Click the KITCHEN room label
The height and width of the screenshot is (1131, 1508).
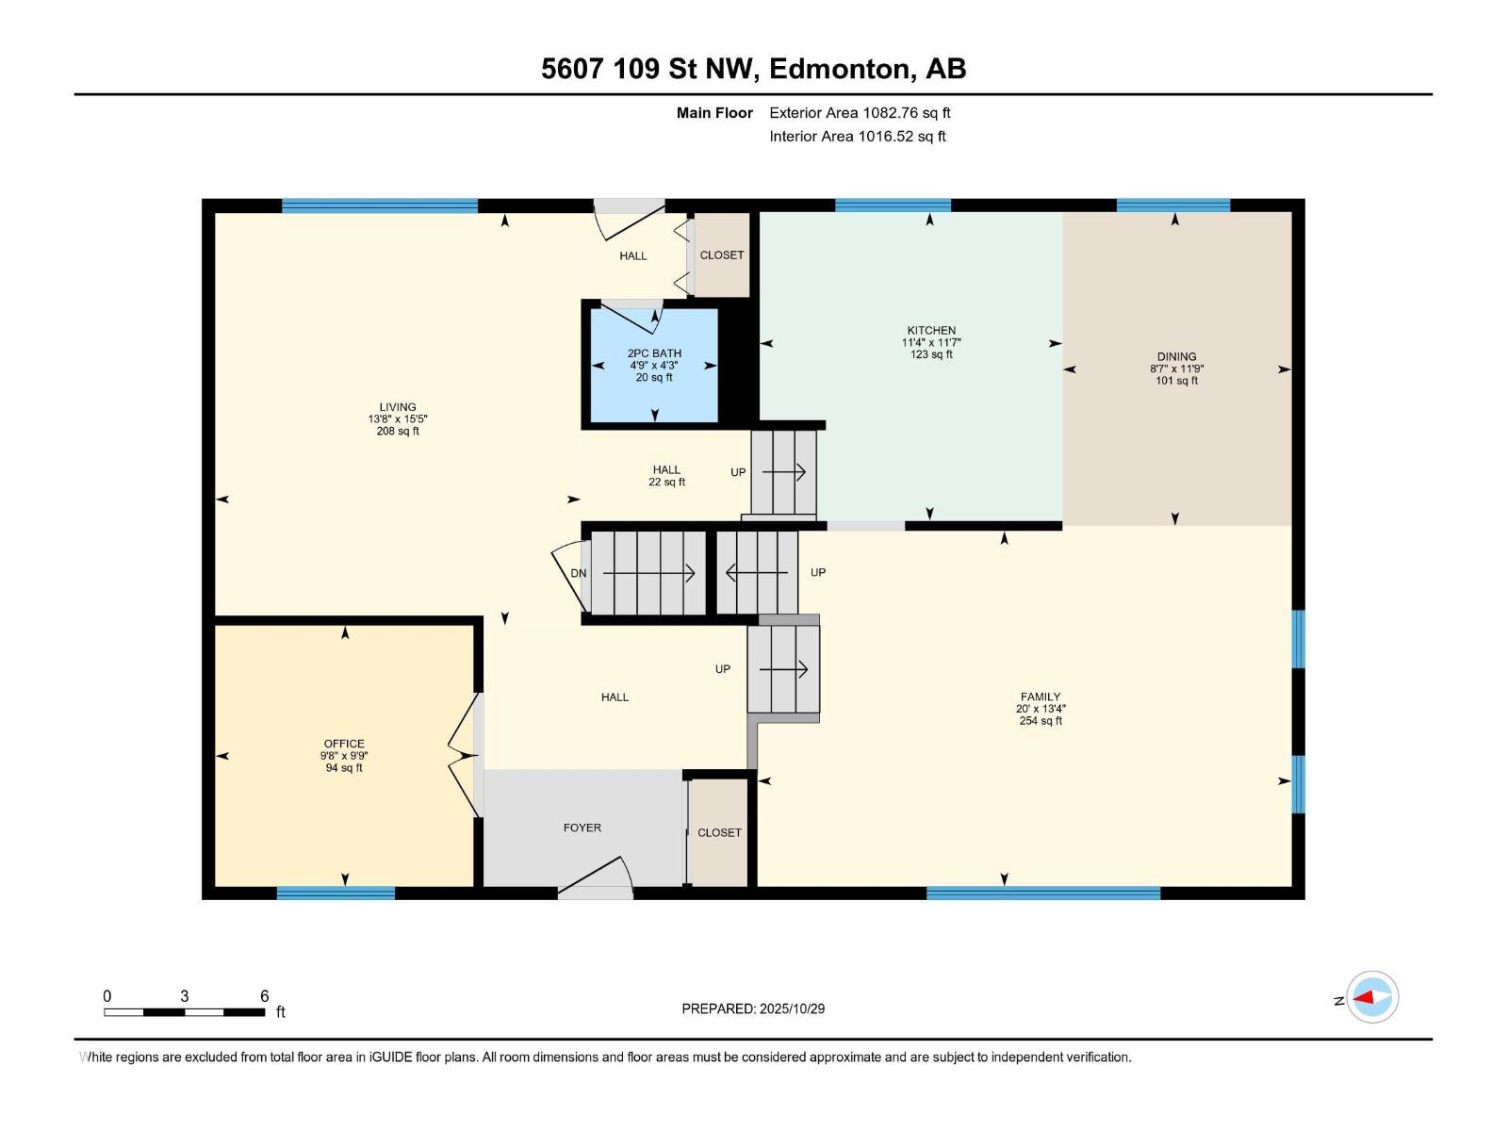click(x=931, y=331)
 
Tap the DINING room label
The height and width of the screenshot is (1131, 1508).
click(x=1176, y=357)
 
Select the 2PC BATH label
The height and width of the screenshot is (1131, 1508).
click(x=654, y=353)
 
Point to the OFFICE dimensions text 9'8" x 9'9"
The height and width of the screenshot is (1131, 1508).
click(x=344, y=756)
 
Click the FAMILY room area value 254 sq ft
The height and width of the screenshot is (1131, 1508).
click(x=1041, y=721)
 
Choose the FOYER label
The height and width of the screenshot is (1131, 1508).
click(x=582, y=828)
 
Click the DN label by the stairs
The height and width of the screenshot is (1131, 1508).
click(x=578, y=573)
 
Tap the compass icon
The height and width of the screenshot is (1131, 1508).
click(x=1371, y=997)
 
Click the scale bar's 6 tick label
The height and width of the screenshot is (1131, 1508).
click(x=264, y=996)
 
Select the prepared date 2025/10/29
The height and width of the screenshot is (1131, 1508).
click(x=792, y=1008)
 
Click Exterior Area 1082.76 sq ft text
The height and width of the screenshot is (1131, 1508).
click(x=860, y=113)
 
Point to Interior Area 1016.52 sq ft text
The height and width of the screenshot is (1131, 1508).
click(x=857, y=137)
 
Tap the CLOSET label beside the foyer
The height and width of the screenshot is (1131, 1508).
click(x=719, y=832)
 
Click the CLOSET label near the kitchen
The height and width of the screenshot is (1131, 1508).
click(x=722, y=255)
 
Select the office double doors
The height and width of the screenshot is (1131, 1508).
click(x=464, y=755)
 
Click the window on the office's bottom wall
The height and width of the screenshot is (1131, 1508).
click(x=336, y=893)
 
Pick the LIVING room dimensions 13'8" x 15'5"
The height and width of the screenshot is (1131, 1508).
click(x=398, y=419)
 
